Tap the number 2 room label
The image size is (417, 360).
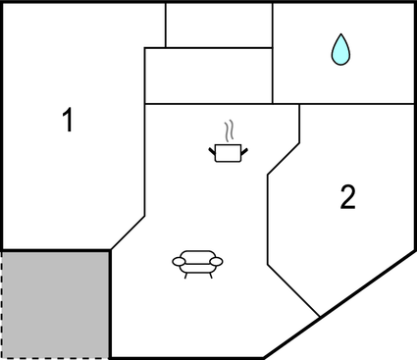347,198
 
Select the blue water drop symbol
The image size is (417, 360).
339,49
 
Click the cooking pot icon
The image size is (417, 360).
228,152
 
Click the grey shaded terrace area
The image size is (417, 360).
55,303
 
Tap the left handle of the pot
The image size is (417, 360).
213,150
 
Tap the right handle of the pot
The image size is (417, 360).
243,150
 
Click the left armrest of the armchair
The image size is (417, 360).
178,261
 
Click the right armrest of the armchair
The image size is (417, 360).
217,261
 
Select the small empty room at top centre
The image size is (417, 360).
218,25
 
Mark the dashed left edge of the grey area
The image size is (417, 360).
2,304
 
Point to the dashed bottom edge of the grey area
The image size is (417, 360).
55,357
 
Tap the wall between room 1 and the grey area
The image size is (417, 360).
55,249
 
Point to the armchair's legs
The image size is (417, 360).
197,274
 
